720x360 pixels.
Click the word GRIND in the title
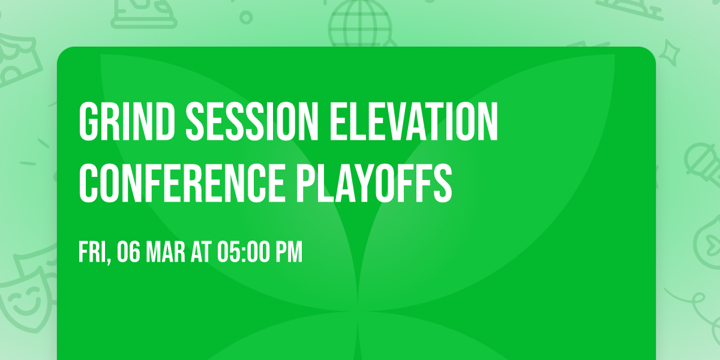pos(127,122)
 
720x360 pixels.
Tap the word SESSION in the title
pos(251,122)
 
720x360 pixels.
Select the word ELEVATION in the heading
pos(413,122)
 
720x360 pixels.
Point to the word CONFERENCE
pos(182,184)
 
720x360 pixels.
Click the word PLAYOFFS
pos(374,184)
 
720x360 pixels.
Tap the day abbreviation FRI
pos(92,252)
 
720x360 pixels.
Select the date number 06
pos(128,252)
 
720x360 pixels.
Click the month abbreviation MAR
pos(166,252)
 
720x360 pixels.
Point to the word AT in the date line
pos(201,252)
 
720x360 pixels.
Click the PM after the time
pos(289,252)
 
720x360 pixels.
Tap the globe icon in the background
pos(360,23)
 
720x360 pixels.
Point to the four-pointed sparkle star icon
pos(670,53)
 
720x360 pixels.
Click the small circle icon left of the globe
pos(246,17)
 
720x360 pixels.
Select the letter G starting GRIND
pos(88,122)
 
